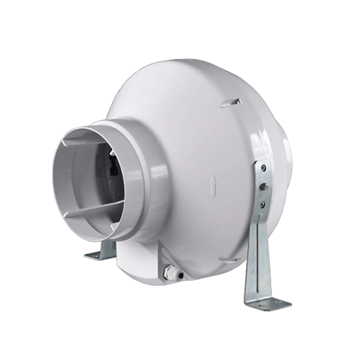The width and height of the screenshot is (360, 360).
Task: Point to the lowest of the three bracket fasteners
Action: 262,204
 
